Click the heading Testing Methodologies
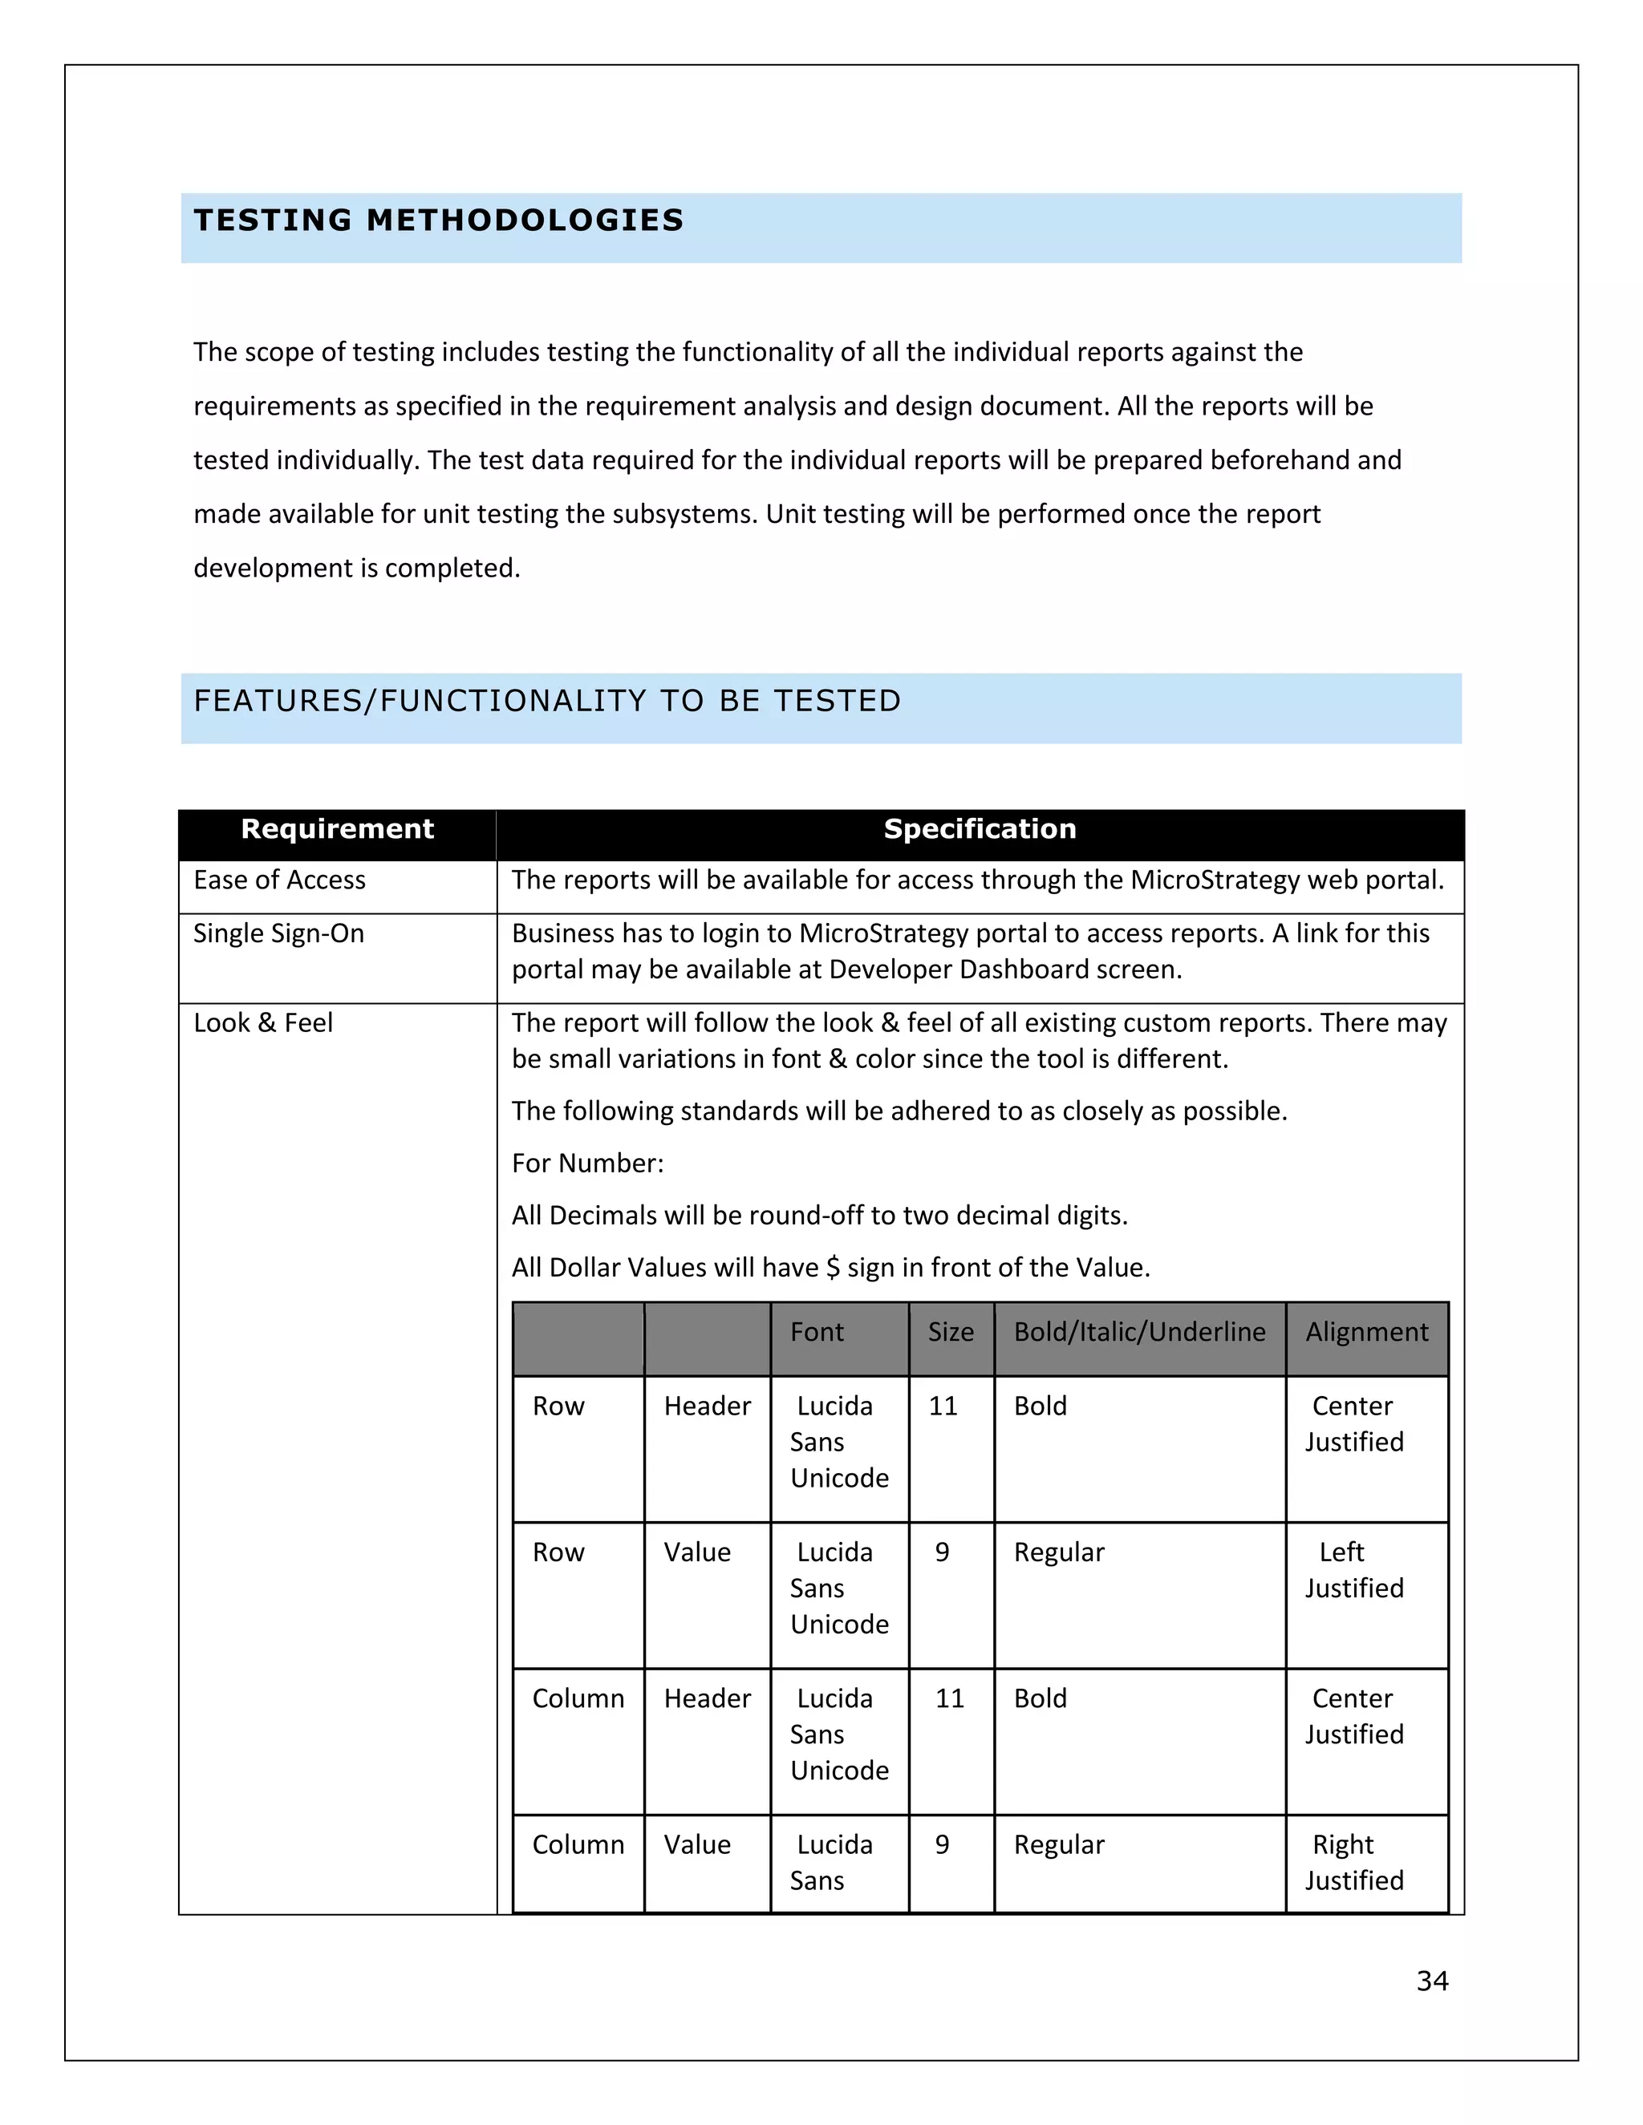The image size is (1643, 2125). (438, 221)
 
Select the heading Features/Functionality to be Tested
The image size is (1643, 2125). (547, 701)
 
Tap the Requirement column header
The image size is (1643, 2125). (337, 829)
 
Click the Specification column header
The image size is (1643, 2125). (980, 829)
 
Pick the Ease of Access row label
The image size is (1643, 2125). (279, 880)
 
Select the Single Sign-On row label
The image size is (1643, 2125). (278, 934)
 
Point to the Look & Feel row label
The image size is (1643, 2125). (263, 1023)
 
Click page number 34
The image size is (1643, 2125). (1432, 1981)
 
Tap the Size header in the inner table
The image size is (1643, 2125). (950, 1332)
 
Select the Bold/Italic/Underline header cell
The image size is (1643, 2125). (1139, 1332)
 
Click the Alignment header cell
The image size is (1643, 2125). (1366, 1332)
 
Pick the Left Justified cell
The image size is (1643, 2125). (1354, 1570)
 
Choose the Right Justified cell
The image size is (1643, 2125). (1354, 1862)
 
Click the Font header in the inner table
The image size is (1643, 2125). (817, 1332)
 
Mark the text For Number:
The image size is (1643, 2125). (588, 1164)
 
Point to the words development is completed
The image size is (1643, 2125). (356, 569)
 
